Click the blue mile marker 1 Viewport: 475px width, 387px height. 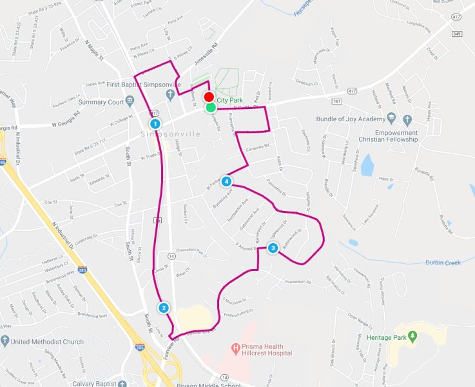coord(155,123)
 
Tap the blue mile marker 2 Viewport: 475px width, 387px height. coord(164,308)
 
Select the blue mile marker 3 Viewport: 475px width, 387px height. coord(273,248)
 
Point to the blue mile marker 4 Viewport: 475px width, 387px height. coord(226,181)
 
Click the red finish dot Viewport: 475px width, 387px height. coord(209,97)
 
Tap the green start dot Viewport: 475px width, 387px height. coord(211,107)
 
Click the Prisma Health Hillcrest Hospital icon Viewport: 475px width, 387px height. coord(236,349)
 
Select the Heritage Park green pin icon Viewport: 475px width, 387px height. coord(414,335)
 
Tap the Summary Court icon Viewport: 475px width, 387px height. coord(130,101)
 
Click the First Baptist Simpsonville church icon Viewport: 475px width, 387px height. coord(170,95)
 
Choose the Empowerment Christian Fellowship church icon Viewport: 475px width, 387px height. coord(407,119)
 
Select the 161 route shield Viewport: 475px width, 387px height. coord(355,101)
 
